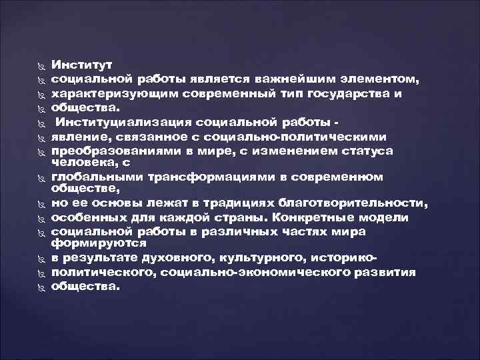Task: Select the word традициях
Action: [x=230, y=203]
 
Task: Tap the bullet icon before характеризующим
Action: [x=37, y=95]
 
